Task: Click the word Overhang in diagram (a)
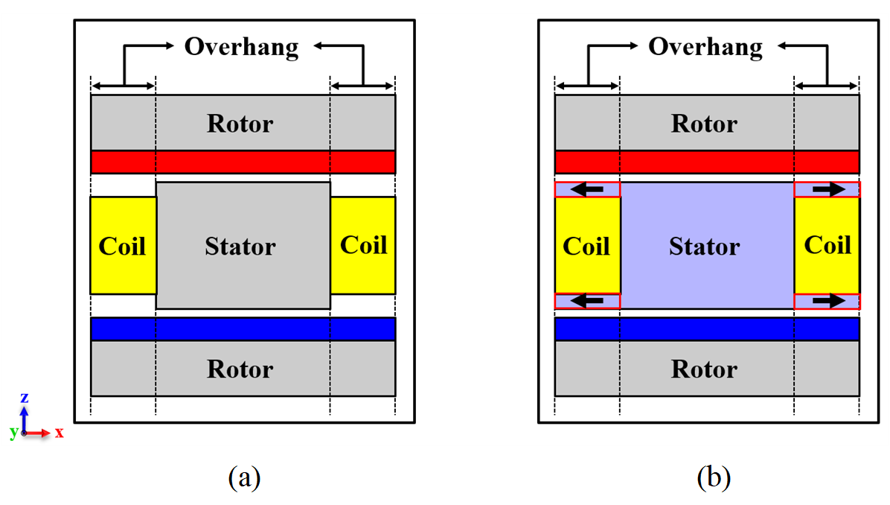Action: [241, 47]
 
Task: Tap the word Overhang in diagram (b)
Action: [705, 47]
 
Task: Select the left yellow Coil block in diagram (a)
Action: [123, 245]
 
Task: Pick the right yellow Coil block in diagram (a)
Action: [363, 245]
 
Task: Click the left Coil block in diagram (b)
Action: [587, 246]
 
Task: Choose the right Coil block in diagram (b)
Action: [827, 245]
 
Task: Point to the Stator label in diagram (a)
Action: [240, 246]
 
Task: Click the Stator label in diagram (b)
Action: [705, 246]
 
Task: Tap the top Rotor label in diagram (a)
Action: [240, 123]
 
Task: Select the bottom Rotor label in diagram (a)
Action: [240, 369]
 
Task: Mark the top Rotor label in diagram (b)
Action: [705, 123]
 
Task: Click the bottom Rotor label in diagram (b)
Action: [705, 369]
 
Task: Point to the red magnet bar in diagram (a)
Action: [243, 162]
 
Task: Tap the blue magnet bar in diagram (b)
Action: [707, 328]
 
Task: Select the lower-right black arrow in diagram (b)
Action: [827, 301]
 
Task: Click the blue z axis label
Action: [24, 398]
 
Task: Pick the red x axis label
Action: [59, 433]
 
